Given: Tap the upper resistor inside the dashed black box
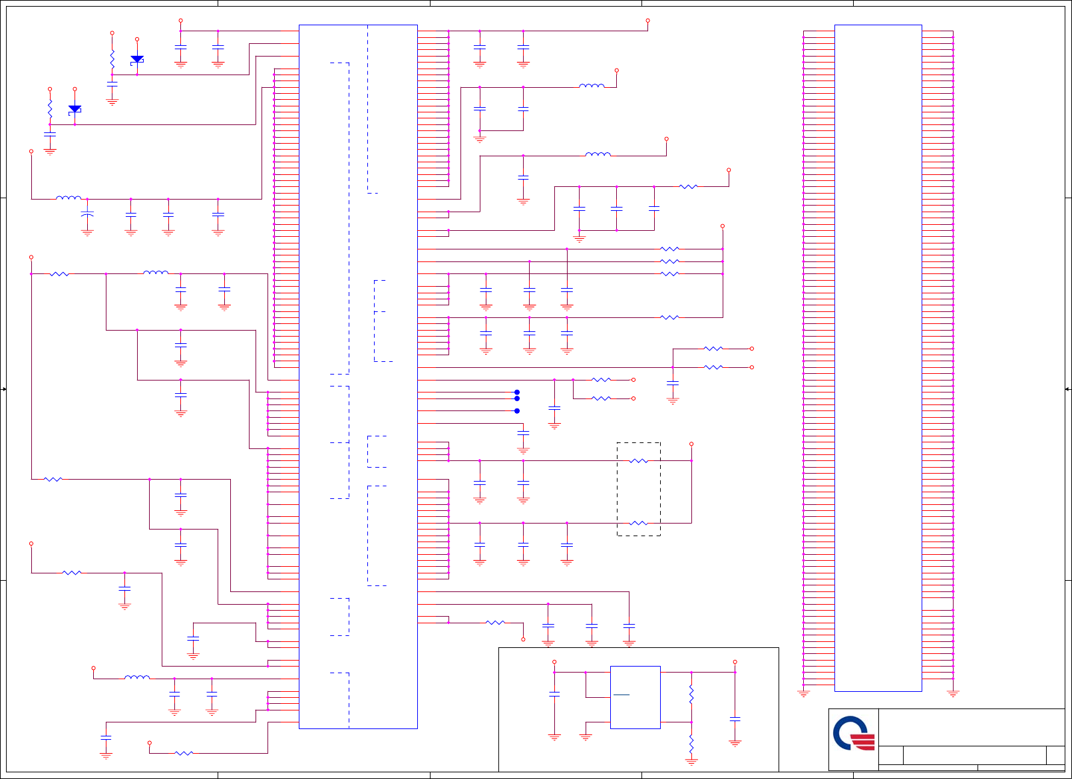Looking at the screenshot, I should tap(638, 460).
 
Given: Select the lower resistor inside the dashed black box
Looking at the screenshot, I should tap(638, 523).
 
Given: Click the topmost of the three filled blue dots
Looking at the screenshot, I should tap(517, 392).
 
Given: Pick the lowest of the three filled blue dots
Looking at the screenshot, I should tap(517, 410).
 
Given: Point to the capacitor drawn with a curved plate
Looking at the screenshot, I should tap(87, 214).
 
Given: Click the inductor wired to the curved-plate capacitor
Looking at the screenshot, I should tap(69, 198).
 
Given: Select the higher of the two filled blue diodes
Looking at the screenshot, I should tap(137, 59).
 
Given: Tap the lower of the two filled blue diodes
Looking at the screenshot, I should tap(75, 108).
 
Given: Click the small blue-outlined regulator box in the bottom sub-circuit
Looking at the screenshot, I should tap(635, 697).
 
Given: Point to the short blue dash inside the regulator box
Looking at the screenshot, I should tap(622, 695).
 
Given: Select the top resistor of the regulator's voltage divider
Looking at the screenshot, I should tap(691, 696).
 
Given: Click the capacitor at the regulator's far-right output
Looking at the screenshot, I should tap(735, 719).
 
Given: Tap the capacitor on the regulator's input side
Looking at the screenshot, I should tap(554, 694).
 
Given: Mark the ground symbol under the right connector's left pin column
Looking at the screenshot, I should tap(803, 693).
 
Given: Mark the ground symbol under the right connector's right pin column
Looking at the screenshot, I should tap(953, 693).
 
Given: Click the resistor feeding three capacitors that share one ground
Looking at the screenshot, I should tap(688, 186).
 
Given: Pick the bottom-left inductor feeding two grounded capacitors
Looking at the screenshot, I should tap(137, 677).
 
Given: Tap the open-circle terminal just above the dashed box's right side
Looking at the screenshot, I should tap(691, 444).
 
